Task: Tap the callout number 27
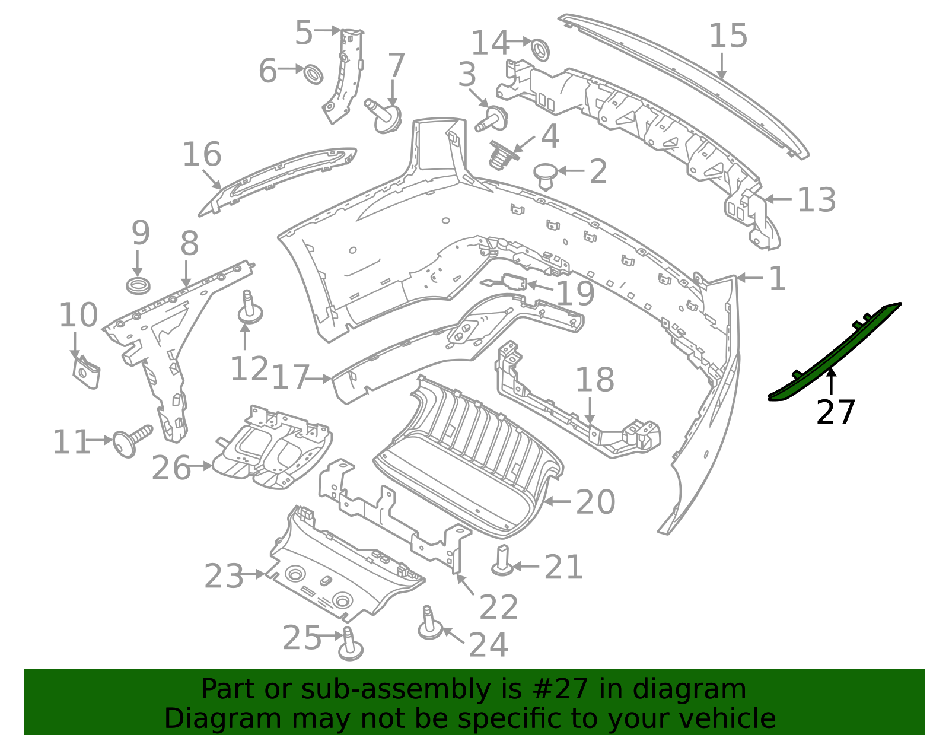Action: [x=835, y=412]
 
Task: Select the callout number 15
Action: [x=728, y=36]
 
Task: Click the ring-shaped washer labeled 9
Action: [x=138, y=285]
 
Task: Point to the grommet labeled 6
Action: [x=314, y=74]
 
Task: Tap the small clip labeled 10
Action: [x=87, y=372]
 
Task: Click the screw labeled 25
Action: [x=350, y=645]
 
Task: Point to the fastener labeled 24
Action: [x=429, y=624]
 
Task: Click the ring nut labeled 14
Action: [x=539, y=49]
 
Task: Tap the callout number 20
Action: [x=595, y=503]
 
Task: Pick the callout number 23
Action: [x=224, y=576]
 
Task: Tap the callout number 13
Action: [x=816, y=200]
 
